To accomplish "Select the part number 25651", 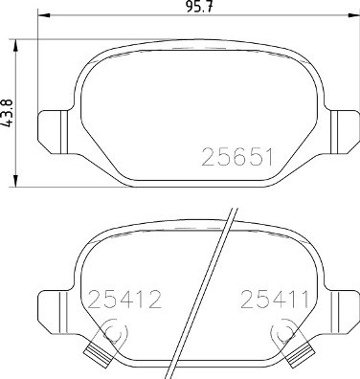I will pos(239,155).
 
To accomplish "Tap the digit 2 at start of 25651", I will pos(207,155).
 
